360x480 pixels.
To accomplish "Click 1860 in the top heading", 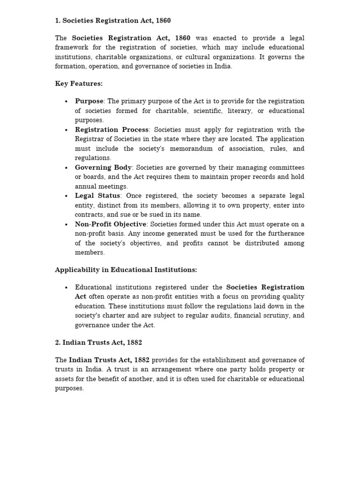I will click(163, 21).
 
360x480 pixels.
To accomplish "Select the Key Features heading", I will click(79, 84).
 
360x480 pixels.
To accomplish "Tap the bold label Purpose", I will click(89, 101).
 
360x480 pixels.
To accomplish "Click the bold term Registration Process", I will click(112, 129).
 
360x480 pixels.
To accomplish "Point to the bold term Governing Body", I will click(103, 167).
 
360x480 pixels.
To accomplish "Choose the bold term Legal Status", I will click(98, 195).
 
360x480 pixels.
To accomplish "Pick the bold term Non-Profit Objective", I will click(111, 224).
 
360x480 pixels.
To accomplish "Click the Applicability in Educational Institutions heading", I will click(126, 270).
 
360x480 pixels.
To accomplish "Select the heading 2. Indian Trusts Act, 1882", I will click(98, 343).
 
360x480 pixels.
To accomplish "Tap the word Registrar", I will click(89, 139).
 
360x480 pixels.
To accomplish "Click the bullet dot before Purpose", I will click(67, 101).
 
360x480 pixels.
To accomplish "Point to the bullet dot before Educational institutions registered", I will click(67, 287).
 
